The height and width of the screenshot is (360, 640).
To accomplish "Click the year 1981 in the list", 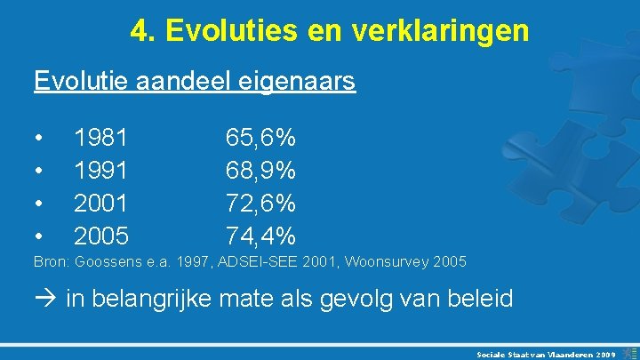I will pos(101,138).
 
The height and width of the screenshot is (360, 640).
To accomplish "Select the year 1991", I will pos(101,170).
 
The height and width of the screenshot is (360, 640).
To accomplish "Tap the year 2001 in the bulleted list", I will pos(101,203).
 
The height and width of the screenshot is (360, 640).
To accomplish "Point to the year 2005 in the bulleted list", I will pos(101,236).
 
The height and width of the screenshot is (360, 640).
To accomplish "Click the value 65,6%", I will pos(260,138).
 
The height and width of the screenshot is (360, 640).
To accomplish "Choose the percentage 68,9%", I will pos(260,170).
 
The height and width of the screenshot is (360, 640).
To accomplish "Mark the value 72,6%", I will pos(260,203).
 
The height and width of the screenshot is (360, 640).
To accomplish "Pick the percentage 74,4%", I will pos(260,236).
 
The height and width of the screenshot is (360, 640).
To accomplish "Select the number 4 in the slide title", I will pos(139,31).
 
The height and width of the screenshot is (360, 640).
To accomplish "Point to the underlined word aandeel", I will pos(186,82).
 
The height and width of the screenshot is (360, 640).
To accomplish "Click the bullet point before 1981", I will pos(38,139).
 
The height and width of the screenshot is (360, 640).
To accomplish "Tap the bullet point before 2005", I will pos(38,236).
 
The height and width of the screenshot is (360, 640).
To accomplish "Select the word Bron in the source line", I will pos(50,262).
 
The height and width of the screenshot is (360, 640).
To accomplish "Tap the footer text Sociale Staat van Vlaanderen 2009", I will pos(545,353).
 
